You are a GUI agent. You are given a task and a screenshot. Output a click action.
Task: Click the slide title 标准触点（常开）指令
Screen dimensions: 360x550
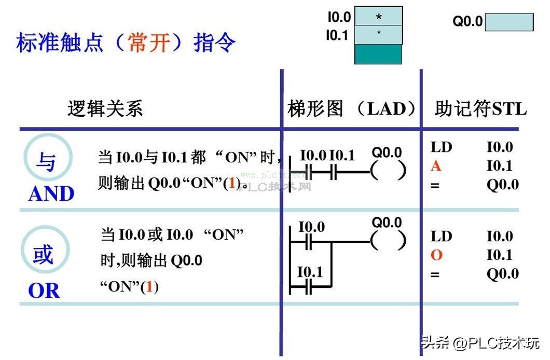(126, 43)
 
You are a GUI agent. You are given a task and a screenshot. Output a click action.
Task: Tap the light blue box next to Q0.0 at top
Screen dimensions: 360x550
(509, 22)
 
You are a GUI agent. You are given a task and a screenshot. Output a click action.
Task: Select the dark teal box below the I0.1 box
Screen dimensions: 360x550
(378, 54)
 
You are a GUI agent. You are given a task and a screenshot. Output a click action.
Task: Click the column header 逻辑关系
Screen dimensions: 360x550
(105, 109)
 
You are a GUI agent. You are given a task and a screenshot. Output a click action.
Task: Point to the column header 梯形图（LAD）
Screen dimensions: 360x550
(352, 109)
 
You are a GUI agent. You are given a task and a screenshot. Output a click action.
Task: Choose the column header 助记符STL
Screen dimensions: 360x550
(480, 109)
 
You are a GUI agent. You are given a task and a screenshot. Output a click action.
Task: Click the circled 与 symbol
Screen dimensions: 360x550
(46, 162)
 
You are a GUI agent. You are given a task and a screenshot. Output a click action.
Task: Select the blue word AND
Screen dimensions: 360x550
(51, 194)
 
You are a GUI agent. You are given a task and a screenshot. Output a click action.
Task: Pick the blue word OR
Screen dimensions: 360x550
(44, 291)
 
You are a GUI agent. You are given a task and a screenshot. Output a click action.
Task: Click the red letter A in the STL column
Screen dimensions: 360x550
(436, 166)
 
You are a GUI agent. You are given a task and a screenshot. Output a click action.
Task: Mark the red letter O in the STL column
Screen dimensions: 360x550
(436, 255)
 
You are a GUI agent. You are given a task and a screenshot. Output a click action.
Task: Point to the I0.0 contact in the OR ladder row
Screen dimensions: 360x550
(309, 242)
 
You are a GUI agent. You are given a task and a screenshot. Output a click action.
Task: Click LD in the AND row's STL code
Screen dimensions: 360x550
(442, 147)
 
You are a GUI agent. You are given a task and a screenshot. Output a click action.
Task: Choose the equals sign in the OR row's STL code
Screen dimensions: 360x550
(435, 274)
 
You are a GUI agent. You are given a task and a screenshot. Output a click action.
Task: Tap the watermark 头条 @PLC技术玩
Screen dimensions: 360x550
(480, 343)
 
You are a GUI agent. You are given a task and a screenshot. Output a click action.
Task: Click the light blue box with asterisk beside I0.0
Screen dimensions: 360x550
(378, 17)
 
